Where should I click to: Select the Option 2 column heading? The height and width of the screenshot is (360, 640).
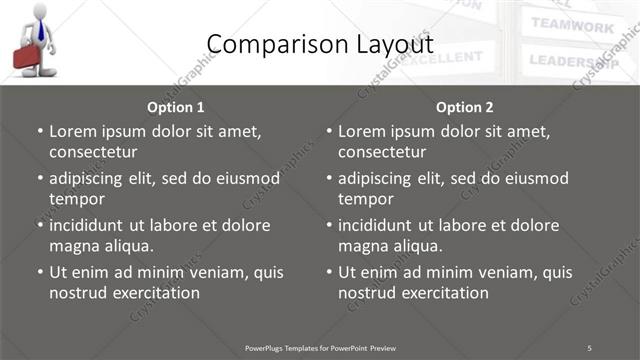coord(464,107)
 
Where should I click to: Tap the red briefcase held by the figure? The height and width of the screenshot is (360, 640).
coord(27,57)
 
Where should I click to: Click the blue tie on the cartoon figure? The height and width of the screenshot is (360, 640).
coord(40,29)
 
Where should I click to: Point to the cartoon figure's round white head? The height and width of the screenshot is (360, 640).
coord(39,10)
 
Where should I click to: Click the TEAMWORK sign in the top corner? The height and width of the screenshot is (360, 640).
coord(572,25)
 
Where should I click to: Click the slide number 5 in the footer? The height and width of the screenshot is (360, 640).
coord(590,348)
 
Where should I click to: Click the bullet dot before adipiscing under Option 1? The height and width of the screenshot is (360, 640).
coord(40,179)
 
